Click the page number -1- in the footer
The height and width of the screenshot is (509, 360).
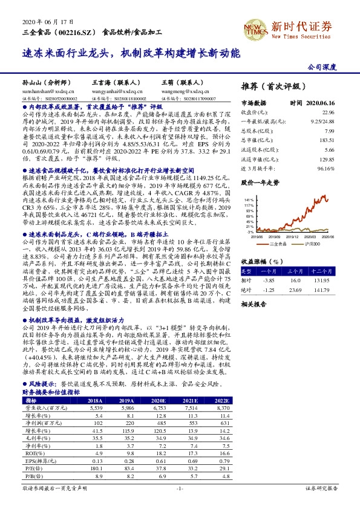[x=180, y=487]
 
